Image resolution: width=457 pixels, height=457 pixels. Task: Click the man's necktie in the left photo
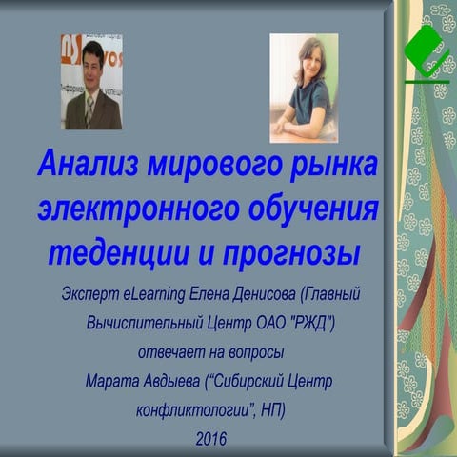point(89,111)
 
